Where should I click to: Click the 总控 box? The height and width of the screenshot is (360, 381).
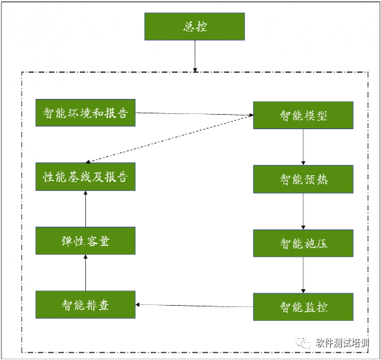195,27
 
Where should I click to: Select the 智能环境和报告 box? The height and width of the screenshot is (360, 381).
85,113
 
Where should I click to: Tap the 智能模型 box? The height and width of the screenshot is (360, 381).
303,115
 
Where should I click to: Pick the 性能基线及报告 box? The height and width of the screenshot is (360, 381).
85,177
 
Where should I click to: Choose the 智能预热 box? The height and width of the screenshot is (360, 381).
303,179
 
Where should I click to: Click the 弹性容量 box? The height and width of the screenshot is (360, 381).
85,241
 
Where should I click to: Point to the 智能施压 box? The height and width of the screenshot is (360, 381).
303,243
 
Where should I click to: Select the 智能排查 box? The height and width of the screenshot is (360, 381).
85,304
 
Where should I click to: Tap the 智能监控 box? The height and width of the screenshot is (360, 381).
303,307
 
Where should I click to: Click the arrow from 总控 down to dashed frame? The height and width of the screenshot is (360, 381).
195,56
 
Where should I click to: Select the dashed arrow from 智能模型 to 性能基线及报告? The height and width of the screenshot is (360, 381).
170,139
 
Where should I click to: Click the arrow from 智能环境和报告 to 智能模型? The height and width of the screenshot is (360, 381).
195,114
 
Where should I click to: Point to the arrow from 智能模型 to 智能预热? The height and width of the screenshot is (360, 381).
303,147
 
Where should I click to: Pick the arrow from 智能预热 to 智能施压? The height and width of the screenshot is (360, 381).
303,212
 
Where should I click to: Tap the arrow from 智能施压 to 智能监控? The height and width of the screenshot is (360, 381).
303,275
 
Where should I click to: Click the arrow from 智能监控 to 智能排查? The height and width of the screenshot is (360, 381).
195,306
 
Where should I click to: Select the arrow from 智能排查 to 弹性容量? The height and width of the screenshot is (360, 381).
85,273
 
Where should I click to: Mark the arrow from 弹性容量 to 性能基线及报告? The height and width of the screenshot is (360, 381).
85,209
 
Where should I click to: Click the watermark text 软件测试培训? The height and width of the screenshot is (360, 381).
342,343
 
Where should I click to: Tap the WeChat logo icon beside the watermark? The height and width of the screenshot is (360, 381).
303,343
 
